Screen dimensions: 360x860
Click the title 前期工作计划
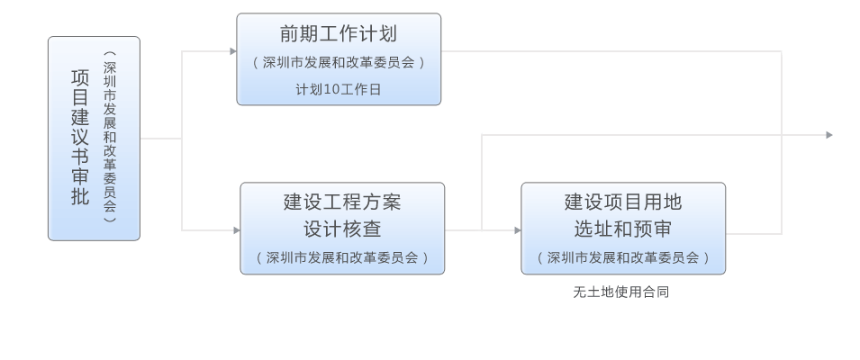click(339, 35)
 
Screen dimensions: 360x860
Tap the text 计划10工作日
click(339, 88)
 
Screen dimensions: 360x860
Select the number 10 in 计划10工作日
click(334, 88)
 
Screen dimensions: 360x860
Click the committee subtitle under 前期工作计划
click(339, 63)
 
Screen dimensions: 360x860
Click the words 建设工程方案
click(342, 202)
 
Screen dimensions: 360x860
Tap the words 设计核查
click(342, 229)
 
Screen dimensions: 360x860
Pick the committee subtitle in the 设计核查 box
click(342, 257)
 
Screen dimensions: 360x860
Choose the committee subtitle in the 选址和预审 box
click(623, 257)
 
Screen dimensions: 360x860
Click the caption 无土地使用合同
click(621, 292)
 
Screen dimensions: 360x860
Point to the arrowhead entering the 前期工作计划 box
click(233, 50)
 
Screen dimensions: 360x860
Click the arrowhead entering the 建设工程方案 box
click(236, 230)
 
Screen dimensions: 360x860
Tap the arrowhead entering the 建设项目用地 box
click(517, 230)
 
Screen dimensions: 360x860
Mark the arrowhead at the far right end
click(828, 135)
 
